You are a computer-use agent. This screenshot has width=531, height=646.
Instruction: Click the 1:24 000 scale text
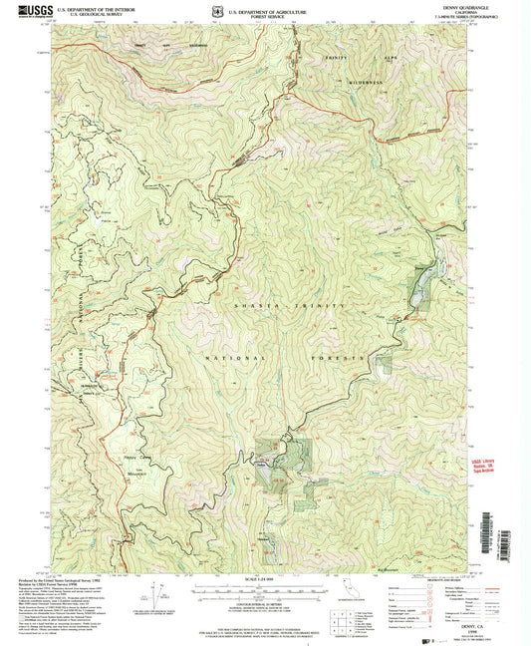click(262, 580)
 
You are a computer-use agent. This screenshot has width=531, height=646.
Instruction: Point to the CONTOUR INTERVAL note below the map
click(262, 603)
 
